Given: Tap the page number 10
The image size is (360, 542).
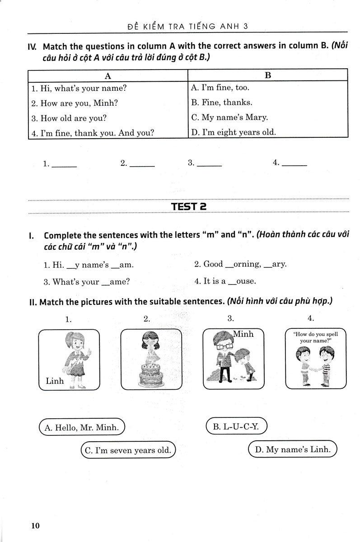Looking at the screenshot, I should pyautogui.click(x=36, y=525).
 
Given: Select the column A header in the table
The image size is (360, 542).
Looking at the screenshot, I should pyautogui.click(x=108, y=75).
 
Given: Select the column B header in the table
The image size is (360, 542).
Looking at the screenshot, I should pyautogui.click(x=267, y=75).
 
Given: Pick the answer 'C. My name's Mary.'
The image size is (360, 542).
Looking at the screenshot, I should pyautogui.click(x=229, y=117).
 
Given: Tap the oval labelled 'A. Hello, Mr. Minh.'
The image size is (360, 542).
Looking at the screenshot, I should pyautogui.click(x=82, y=427).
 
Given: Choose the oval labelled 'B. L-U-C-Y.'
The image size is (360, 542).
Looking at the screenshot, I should pyautogui.click(x=236, y=426).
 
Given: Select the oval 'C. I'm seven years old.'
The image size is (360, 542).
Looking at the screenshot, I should pyautogui.click(x=127, y=450).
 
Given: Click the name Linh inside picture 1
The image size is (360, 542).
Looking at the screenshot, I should pyautogui.click(x=55, y=381).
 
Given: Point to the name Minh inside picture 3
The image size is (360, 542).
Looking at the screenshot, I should pyautogui.click(x=243, y=334).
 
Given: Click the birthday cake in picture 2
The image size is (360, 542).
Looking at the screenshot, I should pyautogui.click(x=151, y=374).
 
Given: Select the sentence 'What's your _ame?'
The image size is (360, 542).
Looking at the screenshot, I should pyautogui.click(x=86, y=282).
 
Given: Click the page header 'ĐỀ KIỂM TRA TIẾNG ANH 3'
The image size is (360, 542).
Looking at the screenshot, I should pyautogui.click(x=188, y=27).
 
